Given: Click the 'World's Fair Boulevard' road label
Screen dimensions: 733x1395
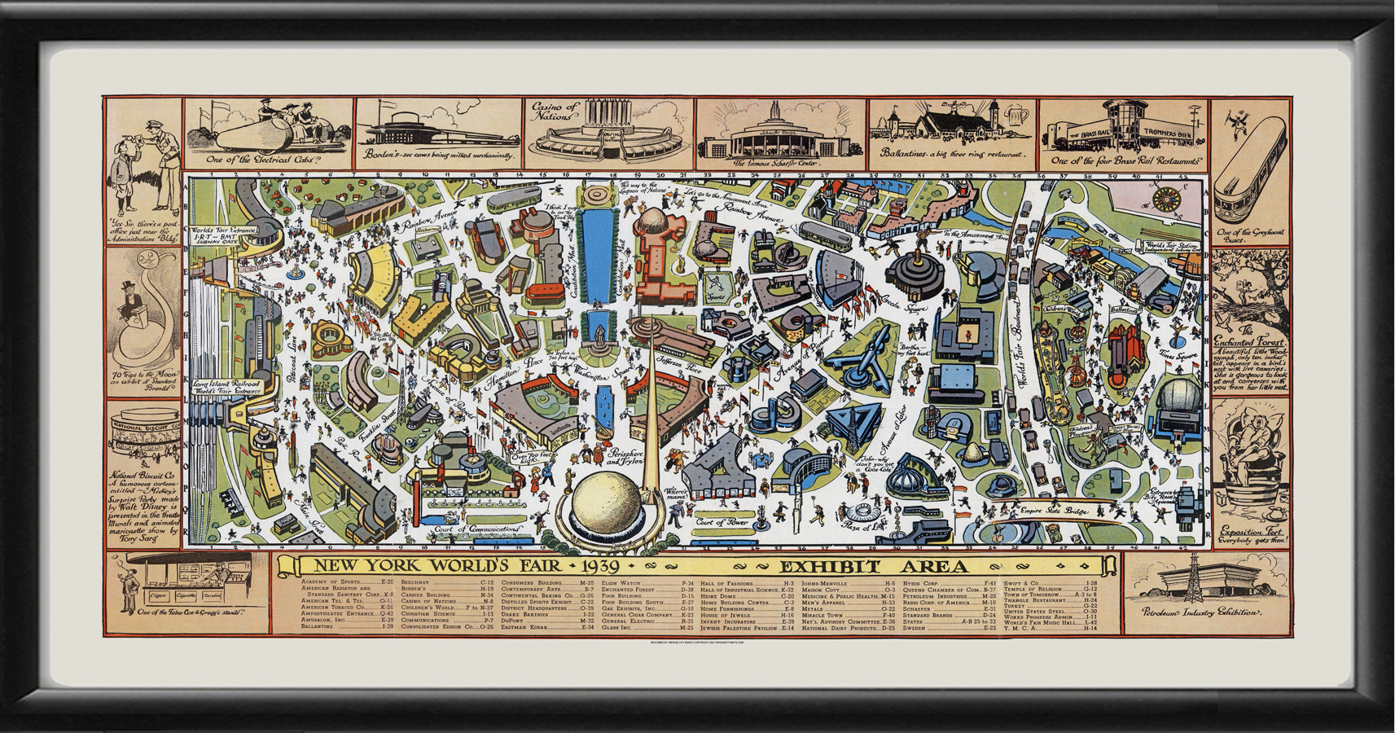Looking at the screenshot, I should click(x=1016, y=340).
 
